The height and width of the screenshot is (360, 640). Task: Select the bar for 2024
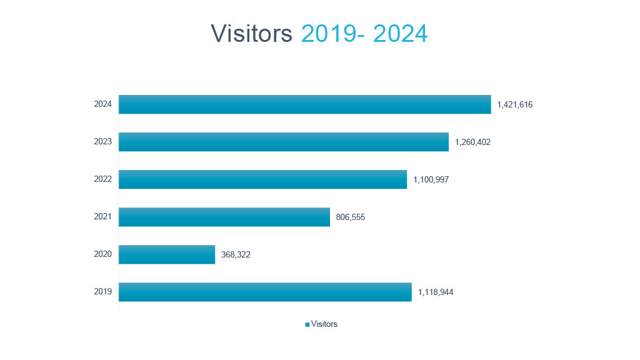click(x=304, y=104)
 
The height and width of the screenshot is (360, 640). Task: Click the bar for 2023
click(x=283, y=142)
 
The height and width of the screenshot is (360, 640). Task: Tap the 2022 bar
click(x=262, y=179)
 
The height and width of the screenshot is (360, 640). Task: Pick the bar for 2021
click(x=224, y=217)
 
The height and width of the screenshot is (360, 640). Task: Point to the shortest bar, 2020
click(x=167, y=254)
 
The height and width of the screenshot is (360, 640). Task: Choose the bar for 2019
click(x=265, y=292)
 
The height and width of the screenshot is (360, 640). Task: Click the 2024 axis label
click(x=102, y=104)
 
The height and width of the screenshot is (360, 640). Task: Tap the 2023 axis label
click(x=102, y=142)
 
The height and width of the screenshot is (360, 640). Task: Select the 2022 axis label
click(x=102, y=179)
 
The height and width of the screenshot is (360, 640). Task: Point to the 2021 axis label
click(x=102, y=217)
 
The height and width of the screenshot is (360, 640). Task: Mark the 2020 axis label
click(x=102, y=254)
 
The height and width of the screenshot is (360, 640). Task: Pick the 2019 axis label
click(x=102, y=292)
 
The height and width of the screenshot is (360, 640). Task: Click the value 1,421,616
click(x=515, y=105)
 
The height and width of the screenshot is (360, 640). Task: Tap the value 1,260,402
click(x=473, y=142)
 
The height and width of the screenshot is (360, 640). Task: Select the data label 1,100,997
click(x=431, y=180)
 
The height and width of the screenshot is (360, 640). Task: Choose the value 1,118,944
click(x=436, y=292)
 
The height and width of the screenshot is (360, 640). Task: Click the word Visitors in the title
click(x=251, y=34)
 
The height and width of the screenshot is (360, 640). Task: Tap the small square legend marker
click(x=307, y=324)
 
